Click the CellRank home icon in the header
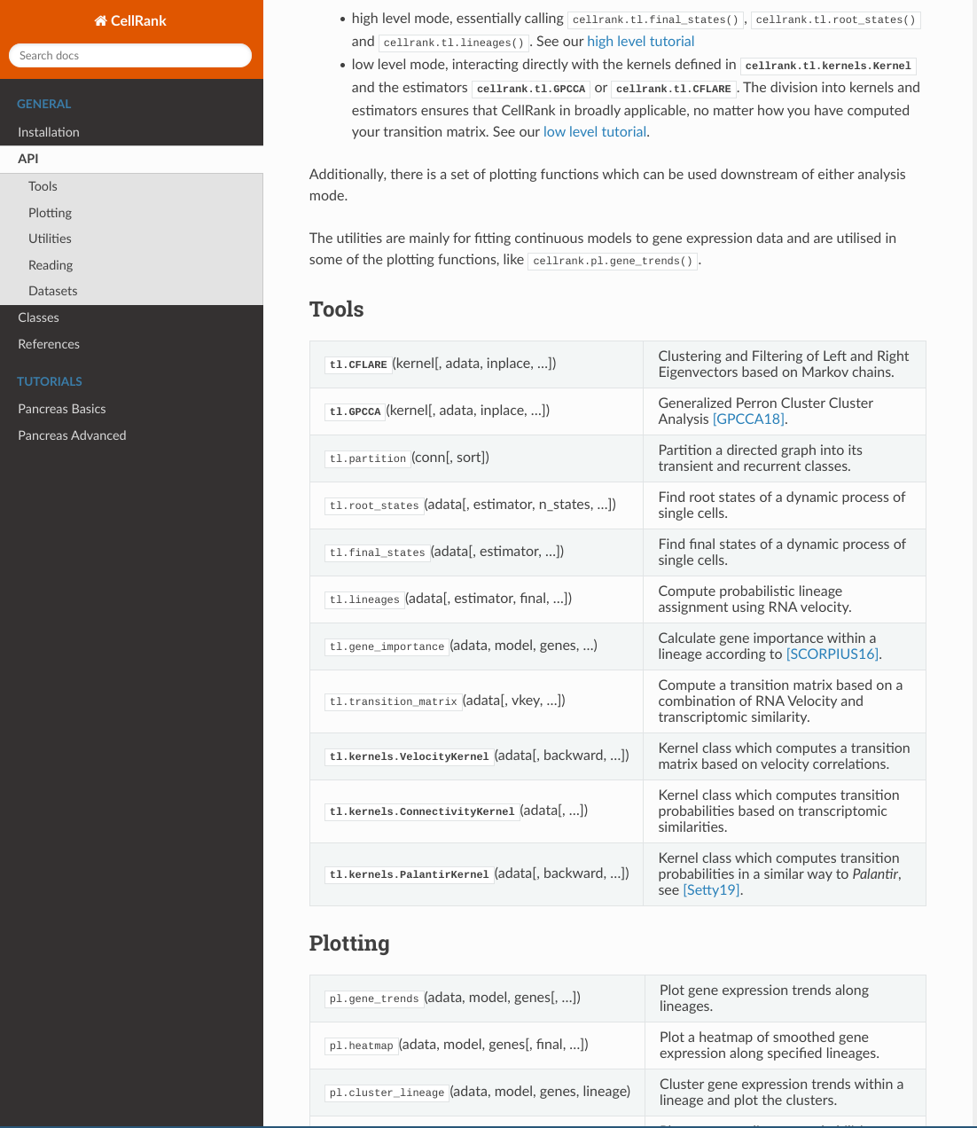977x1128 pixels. pos(100,21)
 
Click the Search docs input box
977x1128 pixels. pos(130,56)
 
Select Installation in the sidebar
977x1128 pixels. pos(49,132)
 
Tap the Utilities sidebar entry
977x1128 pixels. pos(50,239)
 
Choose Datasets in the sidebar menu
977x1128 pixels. pos(52,291)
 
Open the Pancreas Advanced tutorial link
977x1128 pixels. pos(72,435)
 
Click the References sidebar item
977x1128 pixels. pos(49,344)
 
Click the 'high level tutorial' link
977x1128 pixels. pos(640,42)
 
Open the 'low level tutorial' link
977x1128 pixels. pos(594,132)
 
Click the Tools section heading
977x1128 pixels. pos(336,309)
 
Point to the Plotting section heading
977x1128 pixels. pos(348,944)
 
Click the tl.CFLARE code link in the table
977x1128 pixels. pos(358,364)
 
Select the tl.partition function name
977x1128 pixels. pos(367,458)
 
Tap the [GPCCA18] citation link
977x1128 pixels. pos(748,419)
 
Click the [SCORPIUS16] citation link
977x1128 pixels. pos(832,654)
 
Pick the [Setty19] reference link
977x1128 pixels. pos(711,890)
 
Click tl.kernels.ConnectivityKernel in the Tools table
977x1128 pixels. pos(421,811)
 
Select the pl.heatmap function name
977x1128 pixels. pos(361,1046)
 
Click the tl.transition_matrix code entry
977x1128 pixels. pos(394,701)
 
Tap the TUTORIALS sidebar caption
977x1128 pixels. pos(50,381)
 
